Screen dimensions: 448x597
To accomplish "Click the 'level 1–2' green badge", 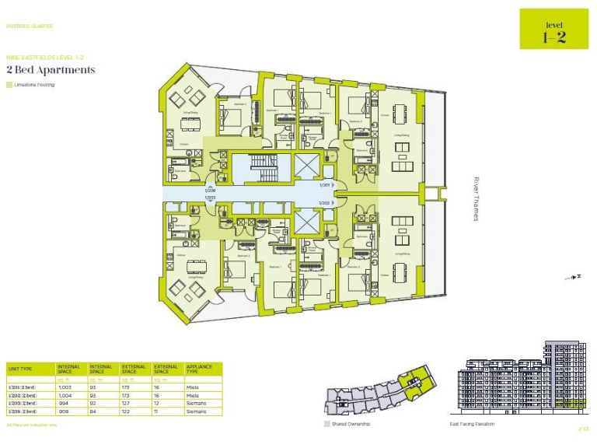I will tap(553, 29).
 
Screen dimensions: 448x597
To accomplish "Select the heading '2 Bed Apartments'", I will tap(51, 70).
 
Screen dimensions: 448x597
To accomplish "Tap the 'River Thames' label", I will tap(476, 199).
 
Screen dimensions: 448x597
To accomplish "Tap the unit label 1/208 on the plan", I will tap(210, 191).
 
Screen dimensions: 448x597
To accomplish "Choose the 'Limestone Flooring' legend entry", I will tap(33, 85).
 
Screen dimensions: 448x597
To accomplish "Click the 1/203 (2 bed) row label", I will tap(23, 403).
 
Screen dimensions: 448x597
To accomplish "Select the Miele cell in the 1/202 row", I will tap(193, 394).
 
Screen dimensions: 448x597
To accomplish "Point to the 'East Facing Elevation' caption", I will tap(472, 424).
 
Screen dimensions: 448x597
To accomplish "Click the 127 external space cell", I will tap(127, 403).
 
